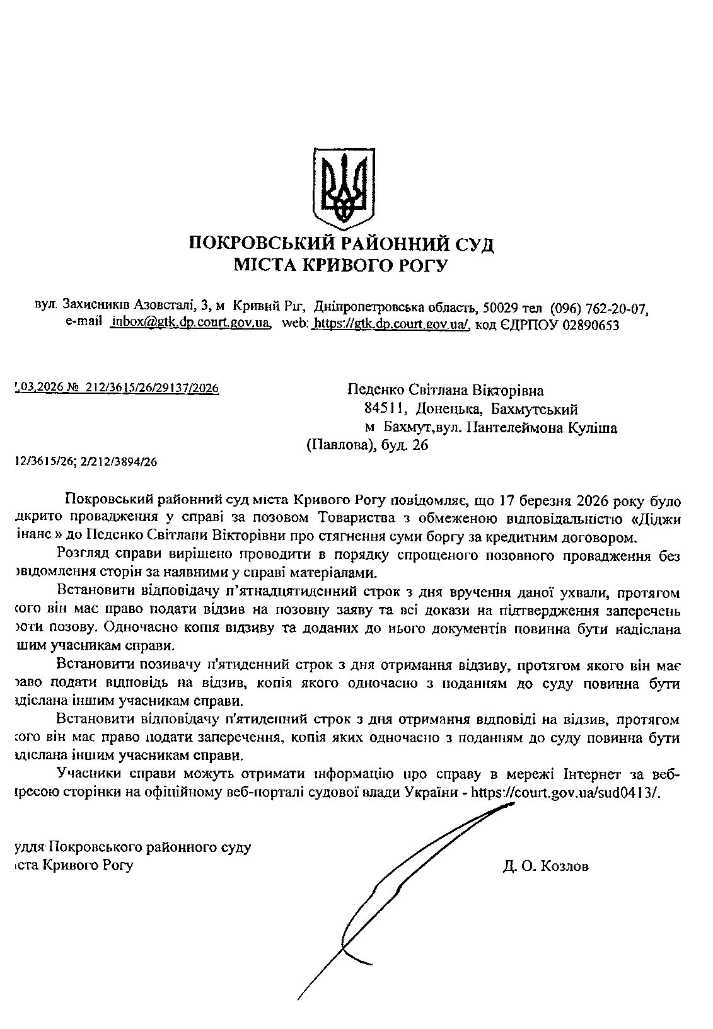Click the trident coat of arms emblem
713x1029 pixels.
(342, 187)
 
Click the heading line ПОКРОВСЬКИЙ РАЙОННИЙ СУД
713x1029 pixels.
(342, 243)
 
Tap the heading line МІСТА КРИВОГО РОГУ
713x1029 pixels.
(340, 265)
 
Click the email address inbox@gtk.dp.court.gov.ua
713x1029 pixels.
(190, 324)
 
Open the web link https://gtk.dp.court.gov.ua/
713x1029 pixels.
(391, 324)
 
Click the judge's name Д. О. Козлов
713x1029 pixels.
(546, 866)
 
